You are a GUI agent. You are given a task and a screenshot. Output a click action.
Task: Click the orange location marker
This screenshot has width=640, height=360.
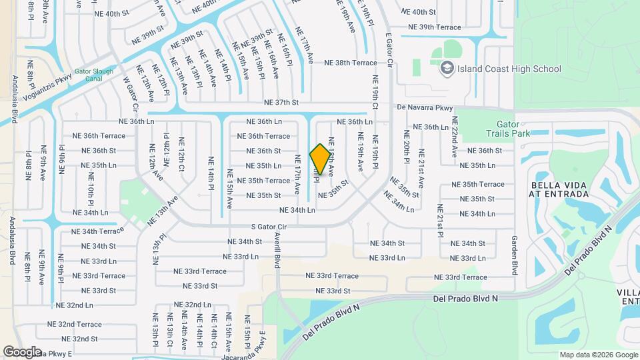click(320, 159)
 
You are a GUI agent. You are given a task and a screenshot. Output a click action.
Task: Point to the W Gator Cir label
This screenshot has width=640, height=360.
click(130, 93)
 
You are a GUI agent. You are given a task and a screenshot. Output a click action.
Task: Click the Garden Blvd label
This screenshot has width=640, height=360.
click(515, 255)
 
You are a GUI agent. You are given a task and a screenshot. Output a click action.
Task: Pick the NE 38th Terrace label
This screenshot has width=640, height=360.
click(351, 63)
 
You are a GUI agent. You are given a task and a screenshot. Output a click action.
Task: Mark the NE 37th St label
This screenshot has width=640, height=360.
click(281, 103)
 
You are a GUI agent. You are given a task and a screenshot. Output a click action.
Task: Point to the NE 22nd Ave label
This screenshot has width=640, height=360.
click(455, 137)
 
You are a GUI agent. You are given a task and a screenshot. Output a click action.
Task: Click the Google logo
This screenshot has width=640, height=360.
click(22, 351)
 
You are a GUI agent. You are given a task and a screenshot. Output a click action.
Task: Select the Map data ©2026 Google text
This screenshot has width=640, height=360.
click(598, 355)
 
